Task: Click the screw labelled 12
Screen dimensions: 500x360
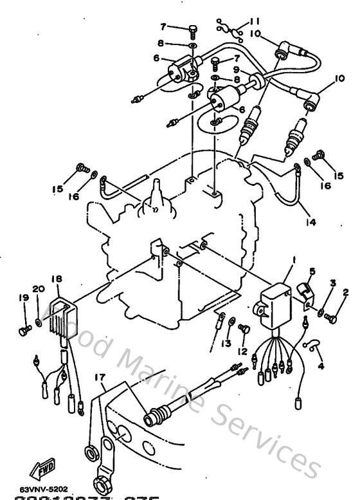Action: pos(244,329)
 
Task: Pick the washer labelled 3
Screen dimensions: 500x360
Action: pos(321,312)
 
